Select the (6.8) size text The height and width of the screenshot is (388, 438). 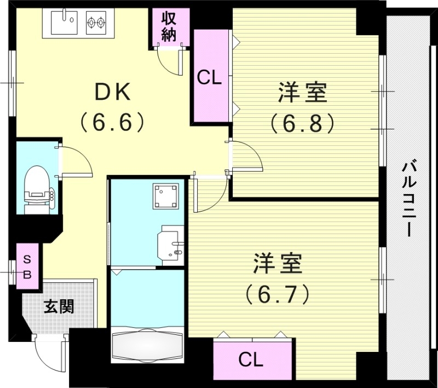[302, 124]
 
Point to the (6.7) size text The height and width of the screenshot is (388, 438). [278, 295]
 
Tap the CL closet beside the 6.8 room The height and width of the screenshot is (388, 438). [209, 78]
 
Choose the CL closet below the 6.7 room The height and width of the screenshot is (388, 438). [251, 360]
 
